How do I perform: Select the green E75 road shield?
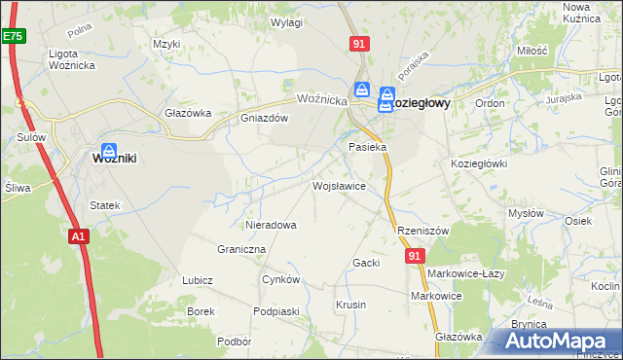tap(12, 36)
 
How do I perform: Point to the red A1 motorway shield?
tap(79, 235)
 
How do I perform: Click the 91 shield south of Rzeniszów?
tap(416, 255)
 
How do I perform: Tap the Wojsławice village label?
tap(338, 184)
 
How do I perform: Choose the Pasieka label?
tap(368, 147)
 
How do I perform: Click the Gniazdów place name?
tap(265, 118)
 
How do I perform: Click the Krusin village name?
tap(350, 305)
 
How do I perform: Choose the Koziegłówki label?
tap(479, 163)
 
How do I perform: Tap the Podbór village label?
tap(235, 342)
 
